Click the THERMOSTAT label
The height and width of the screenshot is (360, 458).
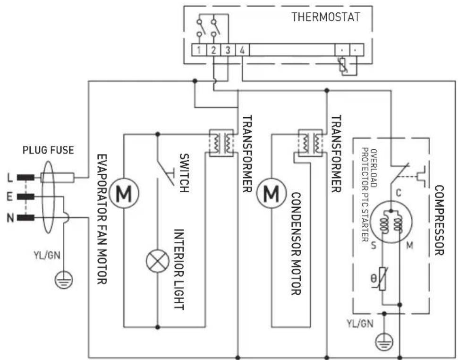tap(325, 17)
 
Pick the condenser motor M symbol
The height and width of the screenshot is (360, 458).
tap(271, 193)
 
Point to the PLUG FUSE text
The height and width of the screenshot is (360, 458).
tap(48, 151)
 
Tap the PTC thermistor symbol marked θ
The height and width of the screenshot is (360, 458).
tap(384, 282)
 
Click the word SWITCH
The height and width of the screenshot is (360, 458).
tap(184, 172)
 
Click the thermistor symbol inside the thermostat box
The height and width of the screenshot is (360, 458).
tap(343, 65)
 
